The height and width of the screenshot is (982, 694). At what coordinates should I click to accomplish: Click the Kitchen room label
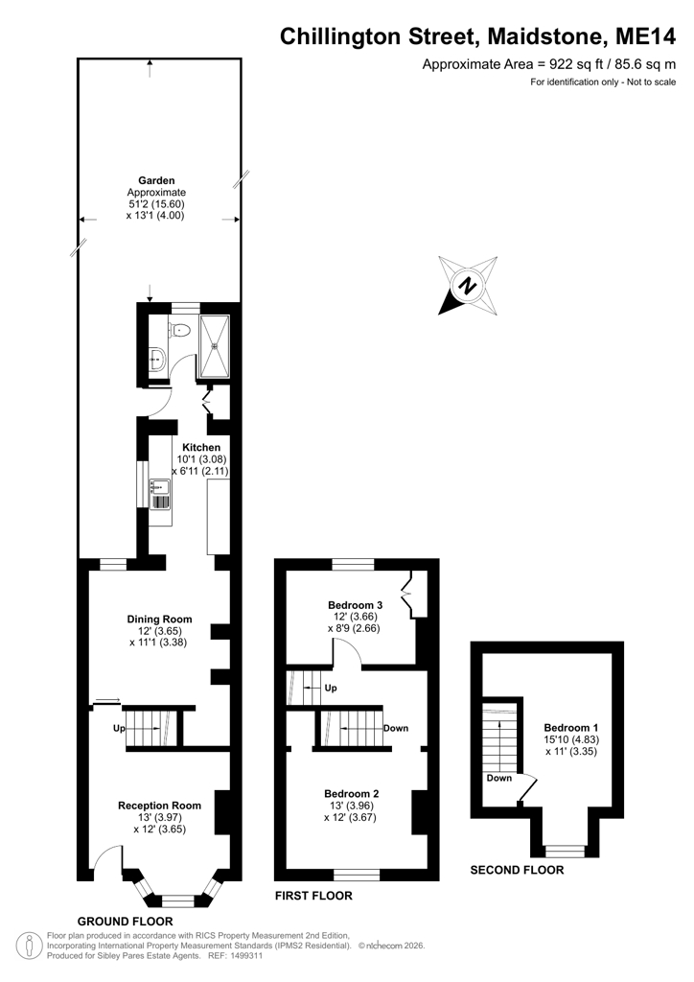(201, 447)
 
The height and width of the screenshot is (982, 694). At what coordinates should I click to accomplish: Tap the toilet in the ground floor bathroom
(180, 328)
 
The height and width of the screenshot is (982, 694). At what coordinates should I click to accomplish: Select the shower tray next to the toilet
(215, 346)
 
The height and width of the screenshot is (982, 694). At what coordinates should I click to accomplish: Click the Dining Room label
(159, 620)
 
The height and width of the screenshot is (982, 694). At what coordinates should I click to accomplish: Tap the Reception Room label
(159, 806)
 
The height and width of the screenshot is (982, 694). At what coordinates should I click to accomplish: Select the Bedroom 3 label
(355, 605)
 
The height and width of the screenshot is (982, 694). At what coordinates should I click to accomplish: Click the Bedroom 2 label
(351, 793)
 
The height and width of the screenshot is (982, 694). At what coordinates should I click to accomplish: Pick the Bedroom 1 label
(570, 728)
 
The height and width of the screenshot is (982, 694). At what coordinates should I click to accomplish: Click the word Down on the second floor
(499, 778)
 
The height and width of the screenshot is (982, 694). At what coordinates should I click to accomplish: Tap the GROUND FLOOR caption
(126, 922)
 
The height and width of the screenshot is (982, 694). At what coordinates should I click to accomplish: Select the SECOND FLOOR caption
(517, 870)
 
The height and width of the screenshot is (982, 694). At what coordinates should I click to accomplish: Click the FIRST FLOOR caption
(313, 896)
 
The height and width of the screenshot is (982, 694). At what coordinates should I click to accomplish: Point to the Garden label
(156, 181)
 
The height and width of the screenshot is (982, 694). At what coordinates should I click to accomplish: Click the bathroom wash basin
(157, 360)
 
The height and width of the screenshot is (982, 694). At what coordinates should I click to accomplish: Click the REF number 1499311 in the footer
(247, 956)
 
